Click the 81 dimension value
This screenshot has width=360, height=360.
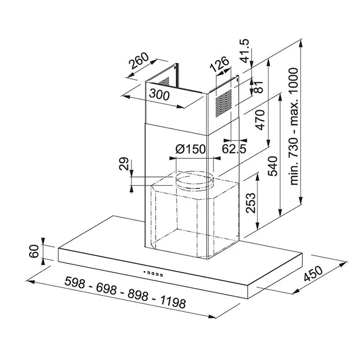click(x=259, y=87)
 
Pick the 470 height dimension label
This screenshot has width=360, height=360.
click(x=259, y=118)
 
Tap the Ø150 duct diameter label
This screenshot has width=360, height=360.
click(x=190, y=149)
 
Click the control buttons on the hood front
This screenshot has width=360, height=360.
click(x=153, y=272)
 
